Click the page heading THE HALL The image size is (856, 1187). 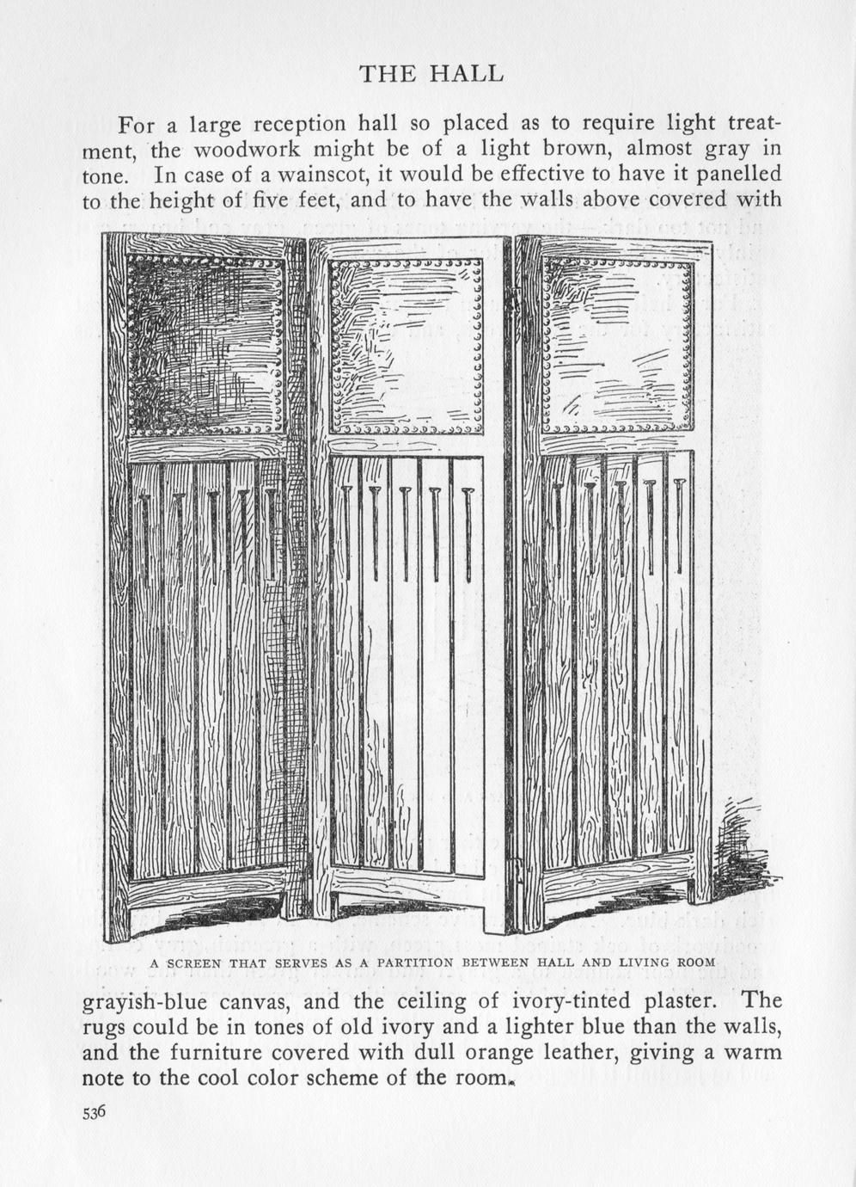tap(431, 74)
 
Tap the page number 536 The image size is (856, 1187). tap(94, 1112)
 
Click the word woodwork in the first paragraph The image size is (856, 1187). tap(247, 149)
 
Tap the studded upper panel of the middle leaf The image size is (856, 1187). tap(406, 346)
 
